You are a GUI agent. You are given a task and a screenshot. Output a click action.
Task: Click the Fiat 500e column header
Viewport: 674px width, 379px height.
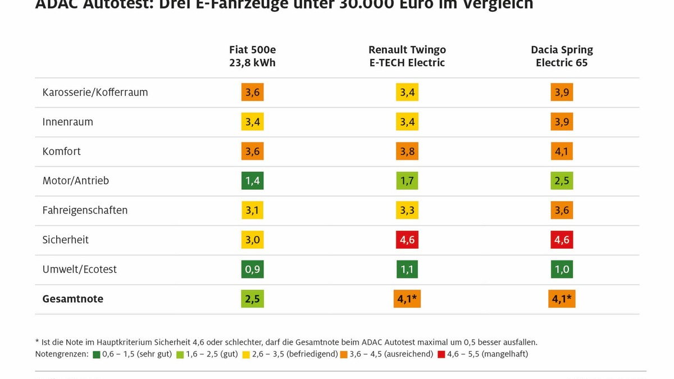(252, 56)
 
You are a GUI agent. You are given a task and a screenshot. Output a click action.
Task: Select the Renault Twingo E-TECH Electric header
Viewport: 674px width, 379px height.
(407, 56)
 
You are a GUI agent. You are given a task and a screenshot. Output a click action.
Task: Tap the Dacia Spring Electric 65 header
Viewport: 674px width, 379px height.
(562, 56)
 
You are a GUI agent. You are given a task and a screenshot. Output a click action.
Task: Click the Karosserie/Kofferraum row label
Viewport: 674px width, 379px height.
(95, 93)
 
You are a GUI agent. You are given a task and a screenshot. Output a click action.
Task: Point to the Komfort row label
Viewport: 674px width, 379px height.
(61, 152)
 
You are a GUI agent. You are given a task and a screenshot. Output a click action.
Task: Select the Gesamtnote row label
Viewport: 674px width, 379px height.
(72, 299)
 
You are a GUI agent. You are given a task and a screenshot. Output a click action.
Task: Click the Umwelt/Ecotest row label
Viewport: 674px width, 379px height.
(79, 270)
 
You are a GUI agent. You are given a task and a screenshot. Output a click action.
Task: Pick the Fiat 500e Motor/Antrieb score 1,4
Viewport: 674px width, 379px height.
(252, 181)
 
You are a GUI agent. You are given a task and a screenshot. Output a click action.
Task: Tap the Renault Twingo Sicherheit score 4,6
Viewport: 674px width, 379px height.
(407, 240)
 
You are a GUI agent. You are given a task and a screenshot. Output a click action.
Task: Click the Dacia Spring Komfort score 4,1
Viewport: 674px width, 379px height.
(562, 152)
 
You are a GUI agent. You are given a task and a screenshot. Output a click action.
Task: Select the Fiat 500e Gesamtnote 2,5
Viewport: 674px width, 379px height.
(252, 299)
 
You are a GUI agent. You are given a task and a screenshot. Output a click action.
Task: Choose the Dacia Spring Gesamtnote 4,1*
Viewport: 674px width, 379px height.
(562, 299)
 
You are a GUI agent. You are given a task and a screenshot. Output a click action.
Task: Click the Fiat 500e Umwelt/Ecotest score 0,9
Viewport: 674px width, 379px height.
(252, 270)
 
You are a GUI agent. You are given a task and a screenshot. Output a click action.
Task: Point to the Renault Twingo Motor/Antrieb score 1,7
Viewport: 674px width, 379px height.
(407, 181)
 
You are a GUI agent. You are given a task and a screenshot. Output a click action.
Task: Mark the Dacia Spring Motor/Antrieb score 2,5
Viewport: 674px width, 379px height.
(562, 181)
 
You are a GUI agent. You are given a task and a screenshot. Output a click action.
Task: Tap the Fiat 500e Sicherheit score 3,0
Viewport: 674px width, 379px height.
(252, 240)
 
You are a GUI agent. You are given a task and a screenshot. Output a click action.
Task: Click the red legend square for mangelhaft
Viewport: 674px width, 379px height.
(442, 354)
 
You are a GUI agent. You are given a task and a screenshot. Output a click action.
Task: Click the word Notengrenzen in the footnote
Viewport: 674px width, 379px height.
(61, 354)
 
